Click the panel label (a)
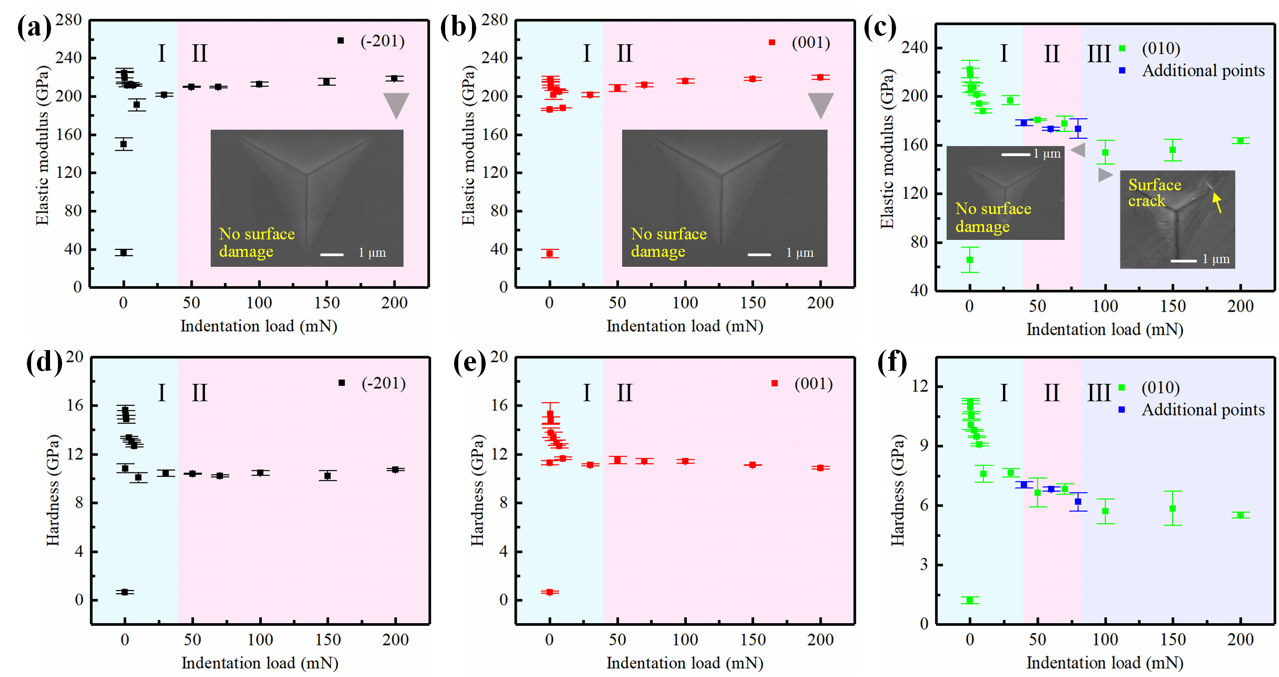[35, 27]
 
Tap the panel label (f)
[892, 363]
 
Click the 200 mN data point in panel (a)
[394, 79]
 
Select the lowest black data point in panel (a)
[124, 253]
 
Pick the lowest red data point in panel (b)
[549, 254]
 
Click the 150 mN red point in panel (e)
[753, 465]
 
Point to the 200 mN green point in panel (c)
[1241, 141]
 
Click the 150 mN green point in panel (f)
[1173, 508]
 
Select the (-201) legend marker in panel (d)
[342, 383]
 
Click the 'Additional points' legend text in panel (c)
[1203, 71]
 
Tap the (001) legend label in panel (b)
[811, 42]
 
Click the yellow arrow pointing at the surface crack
[1217, 202]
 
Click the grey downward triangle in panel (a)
[396, 104]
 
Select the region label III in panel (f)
[1099, 393]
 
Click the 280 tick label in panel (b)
[494, 20]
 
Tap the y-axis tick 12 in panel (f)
[920, 386]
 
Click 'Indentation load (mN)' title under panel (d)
[260, 663]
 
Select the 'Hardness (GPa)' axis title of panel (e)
[477, 490]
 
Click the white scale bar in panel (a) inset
[332, 255]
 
